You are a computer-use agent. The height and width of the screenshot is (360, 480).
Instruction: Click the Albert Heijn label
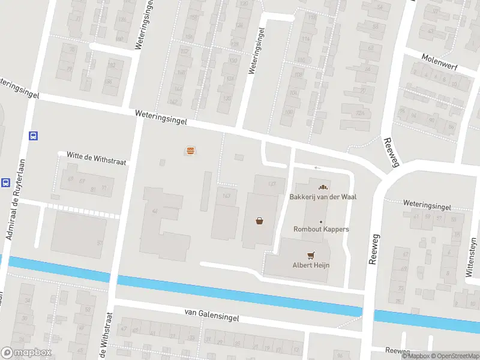311,265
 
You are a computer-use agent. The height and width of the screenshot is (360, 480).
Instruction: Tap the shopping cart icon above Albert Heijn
311,255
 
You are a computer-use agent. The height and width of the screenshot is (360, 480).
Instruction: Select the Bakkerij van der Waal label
319,197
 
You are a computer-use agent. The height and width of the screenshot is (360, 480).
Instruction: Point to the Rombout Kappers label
321,229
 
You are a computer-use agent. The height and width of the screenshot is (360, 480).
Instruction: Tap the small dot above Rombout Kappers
321,221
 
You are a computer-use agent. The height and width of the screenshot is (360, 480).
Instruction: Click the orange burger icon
190,151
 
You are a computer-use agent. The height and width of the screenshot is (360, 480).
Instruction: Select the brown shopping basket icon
260,220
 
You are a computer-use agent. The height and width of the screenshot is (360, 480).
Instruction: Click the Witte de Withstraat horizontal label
97,158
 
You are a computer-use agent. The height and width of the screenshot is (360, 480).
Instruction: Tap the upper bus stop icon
33,136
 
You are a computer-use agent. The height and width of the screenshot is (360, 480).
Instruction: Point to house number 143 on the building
226,196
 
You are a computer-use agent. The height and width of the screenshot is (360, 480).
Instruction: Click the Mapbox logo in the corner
26,353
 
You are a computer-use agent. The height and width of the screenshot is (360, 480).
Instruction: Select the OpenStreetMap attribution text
453,356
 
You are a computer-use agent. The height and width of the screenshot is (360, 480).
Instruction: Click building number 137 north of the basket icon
272,184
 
